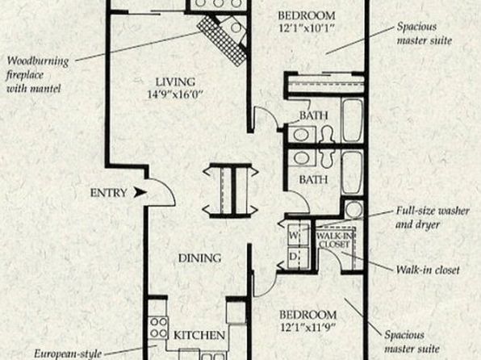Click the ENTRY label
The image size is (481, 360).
pyautogui.click(x=108, y=193)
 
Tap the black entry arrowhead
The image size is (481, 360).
pyautogui.click(x=140, y=193)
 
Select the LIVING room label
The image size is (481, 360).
pyautogui.click(x=175, y=82)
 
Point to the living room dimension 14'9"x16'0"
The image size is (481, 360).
pyautogui.click(x=175, y=94)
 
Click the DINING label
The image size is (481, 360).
pyautogui.click(x=199, y=258)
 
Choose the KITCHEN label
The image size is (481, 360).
pyautogui.click(x=199, y=335)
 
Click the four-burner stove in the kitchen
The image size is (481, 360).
pyautogui.click(x=158, y=328)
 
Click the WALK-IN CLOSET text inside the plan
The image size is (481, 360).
pyautogui.click(x=335, y=240)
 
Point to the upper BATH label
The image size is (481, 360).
pyautogui.click(x=313, y=115)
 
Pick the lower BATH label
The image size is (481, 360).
pyautogui.click(x=313, y=179)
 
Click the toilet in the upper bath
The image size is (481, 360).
pyautogui.click(x=327, y=135)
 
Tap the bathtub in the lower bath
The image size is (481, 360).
pyautogui.click(x=352, y=172)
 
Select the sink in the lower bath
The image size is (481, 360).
pyautogui.click(x=302, y=157)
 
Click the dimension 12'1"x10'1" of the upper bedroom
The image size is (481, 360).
pyautogui.click(x=307, y=28)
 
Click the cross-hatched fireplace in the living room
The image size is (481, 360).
pyautogui.click(x=221, y=40)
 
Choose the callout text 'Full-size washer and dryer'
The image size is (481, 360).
pyautogui.click(x=433, y=218)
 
